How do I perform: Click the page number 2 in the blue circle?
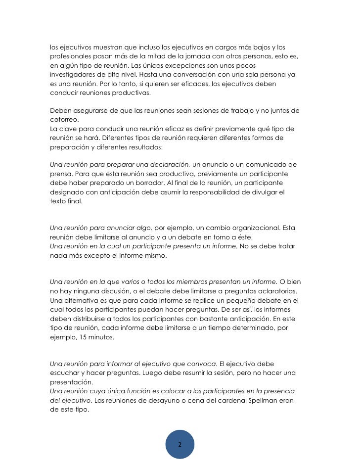[x=180, y=444]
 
